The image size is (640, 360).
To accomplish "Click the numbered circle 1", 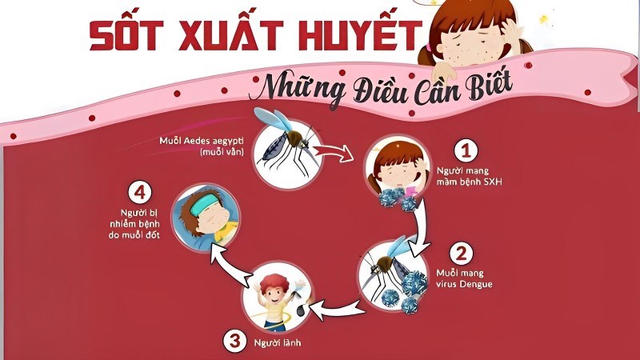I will tap(466, 150).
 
